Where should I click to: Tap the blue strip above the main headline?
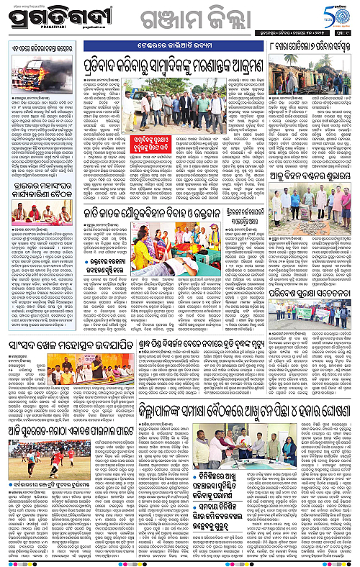(x=166, y=54)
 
